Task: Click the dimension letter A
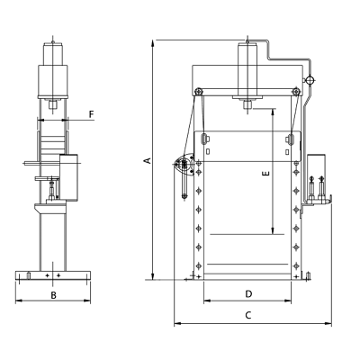tap(148, 160)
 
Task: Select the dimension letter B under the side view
tap(53, 295)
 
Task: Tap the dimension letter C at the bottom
tap(247, 315)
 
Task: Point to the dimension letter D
tap(248, 294)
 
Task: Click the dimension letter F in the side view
tap(92, 114)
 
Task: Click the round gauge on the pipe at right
tap(310, 80)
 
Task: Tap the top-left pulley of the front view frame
tap(198, 92)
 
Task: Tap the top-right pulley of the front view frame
tap(297, 92)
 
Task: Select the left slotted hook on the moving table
tap(204, 139)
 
